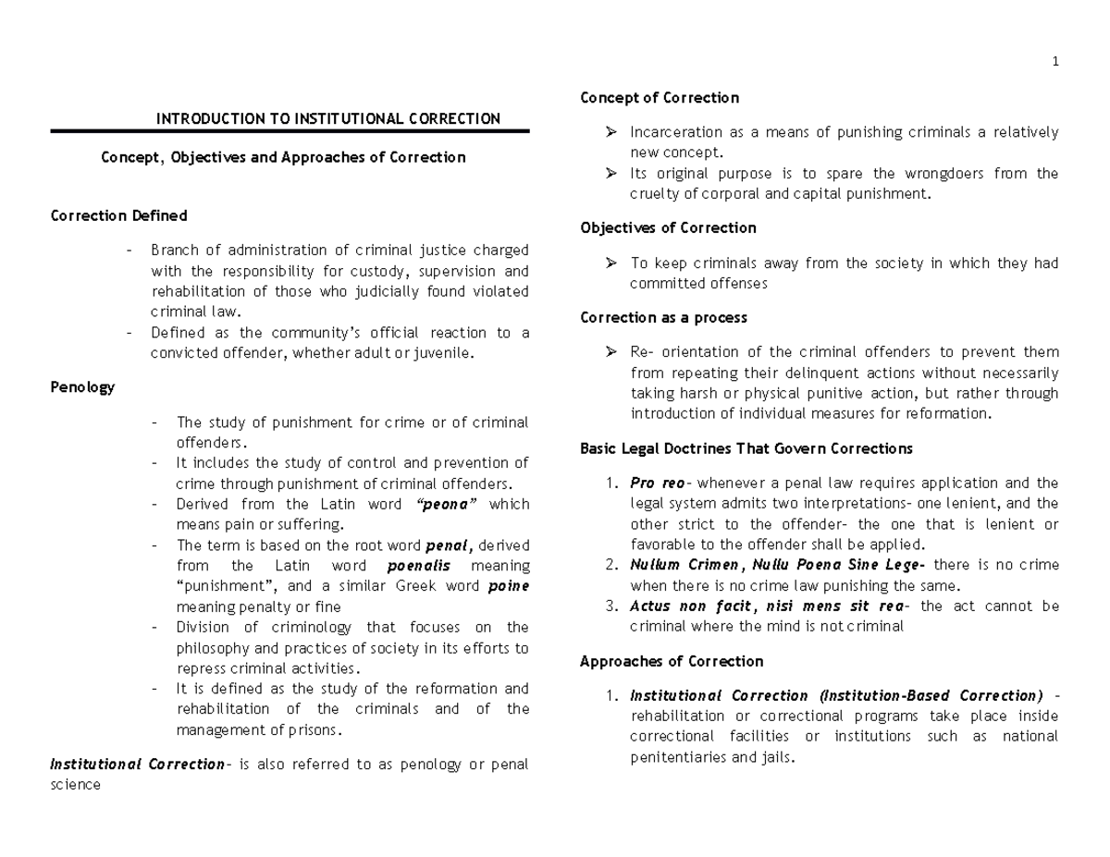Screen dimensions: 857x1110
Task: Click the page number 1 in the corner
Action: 1054,62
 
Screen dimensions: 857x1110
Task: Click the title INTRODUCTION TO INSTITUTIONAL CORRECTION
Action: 327,118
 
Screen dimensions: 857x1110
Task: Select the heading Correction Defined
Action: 118,215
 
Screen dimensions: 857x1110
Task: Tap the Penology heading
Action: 82,387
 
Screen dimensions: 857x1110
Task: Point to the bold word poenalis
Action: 417,566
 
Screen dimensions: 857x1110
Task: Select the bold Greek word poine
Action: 509,586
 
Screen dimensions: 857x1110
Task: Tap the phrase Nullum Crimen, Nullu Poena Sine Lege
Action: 775,565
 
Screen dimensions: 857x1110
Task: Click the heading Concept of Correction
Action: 660,98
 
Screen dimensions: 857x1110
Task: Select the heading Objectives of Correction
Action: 668,227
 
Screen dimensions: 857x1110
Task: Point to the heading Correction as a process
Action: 663,317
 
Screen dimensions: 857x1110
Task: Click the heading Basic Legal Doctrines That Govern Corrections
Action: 746,448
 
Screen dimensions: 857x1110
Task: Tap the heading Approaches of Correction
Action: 671,661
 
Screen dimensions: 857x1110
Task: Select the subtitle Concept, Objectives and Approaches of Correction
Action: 283,157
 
